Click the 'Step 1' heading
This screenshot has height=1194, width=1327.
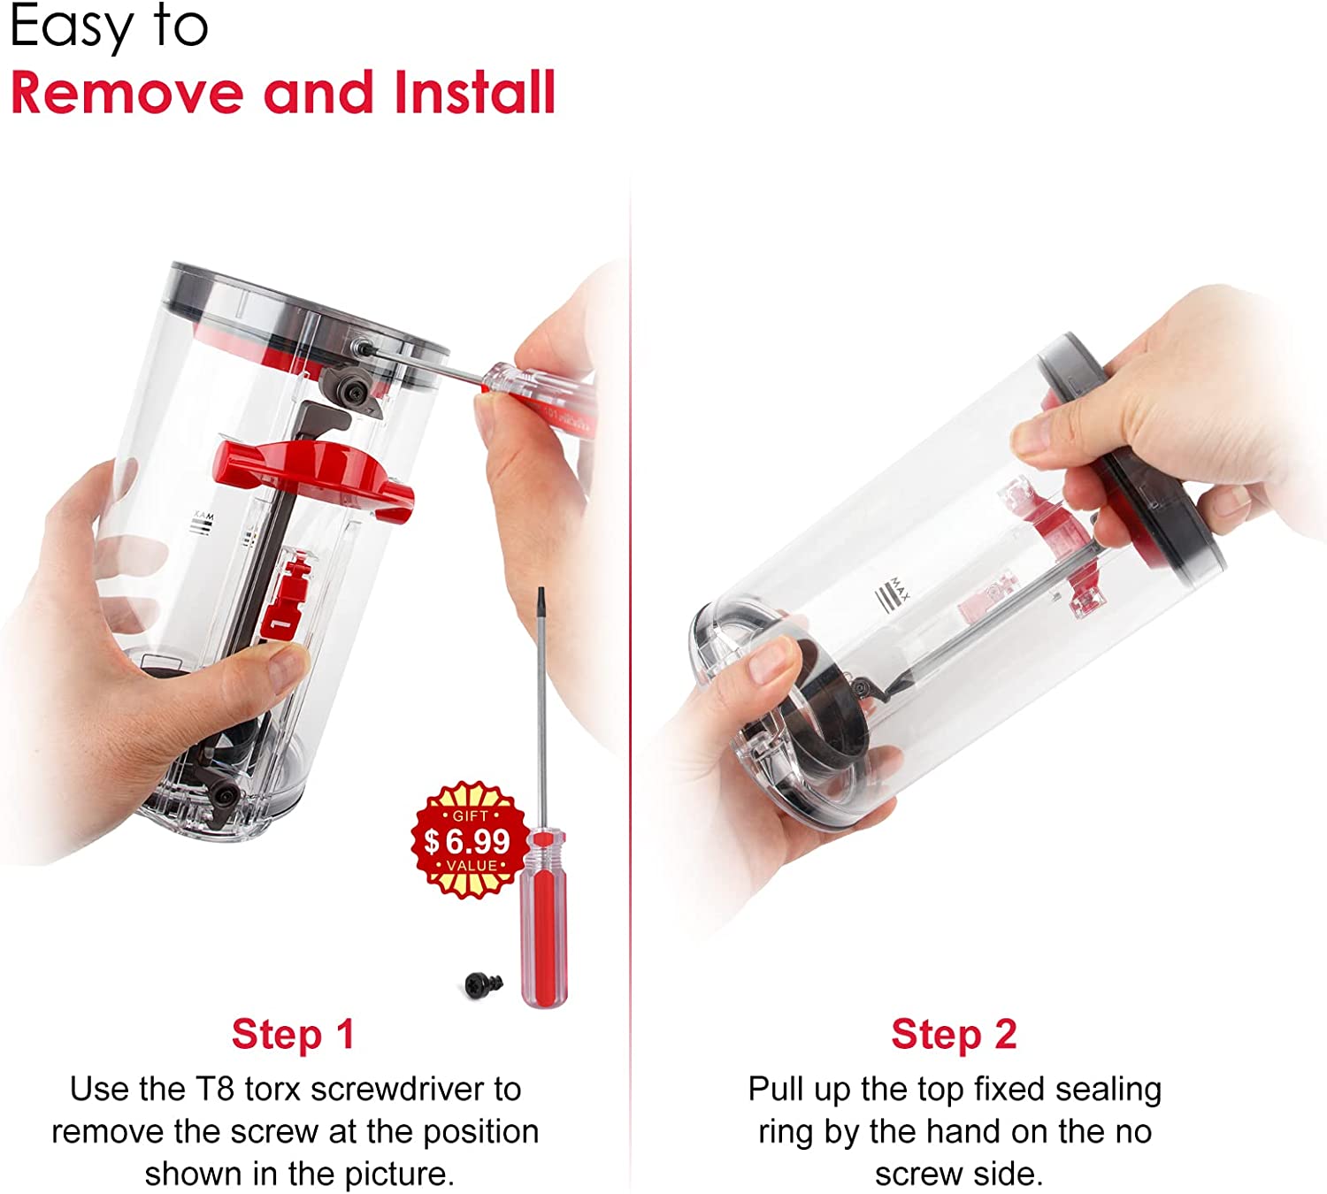point(293,1034)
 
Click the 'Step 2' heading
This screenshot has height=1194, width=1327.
point(954,1034)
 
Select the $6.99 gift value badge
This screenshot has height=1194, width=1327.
point(470,840)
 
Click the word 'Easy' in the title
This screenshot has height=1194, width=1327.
point(72,27)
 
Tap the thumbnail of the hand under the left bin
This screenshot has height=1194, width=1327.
point(285,668)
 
